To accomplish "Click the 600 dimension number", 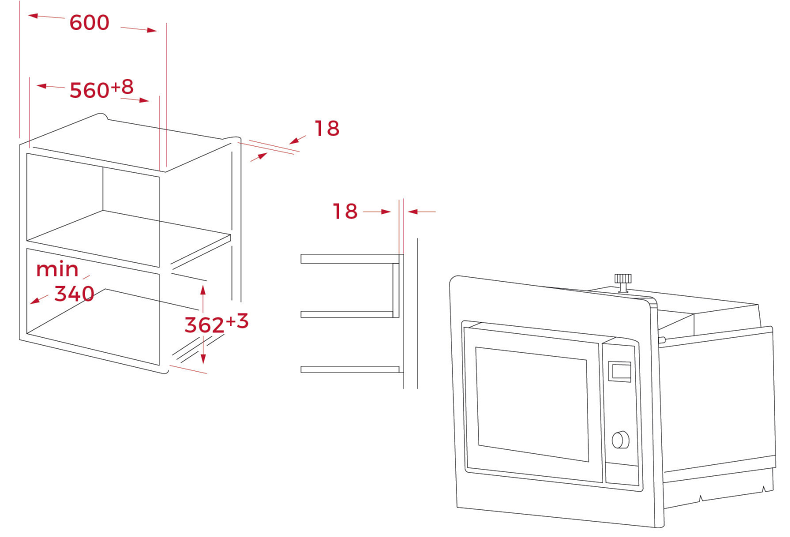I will tap(89, 23).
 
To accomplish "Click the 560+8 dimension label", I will tap(101, 89).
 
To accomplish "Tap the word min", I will tap(57, 270).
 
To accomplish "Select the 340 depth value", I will tap(74, 293).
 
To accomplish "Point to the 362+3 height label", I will tap(215, 323).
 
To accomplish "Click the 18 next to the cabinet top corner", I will tap(326, 128).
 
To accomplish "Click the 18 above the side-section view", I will tap(345, 211).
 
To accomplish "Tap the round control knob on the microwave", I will tap(620, 439).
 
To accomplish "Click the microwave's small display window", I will tap(619, 371).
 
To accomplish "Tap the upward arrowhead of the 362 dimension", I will tap(202, 290).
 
